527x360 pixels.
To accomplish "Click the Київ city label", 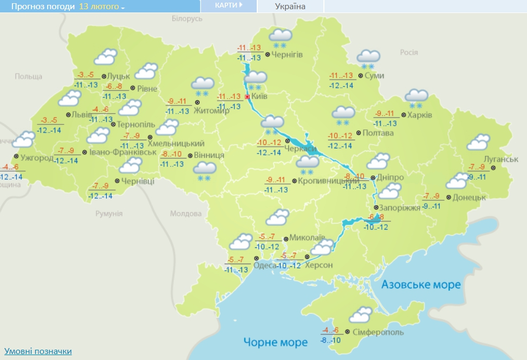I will coord(260,96).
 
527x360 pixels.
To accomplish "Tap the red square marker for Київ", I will coord(248,96).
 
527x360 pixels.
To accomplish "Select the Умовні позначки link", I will coord(38,351).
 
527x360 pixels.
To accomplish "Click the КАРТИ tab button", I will coord(228,5).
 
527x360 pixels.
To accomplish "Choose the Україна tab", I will coord(290,6).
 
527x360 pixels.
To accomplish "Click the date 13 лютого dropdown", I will coord(102,6).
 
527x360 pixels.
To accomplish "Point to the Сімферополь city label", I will coord(378,331).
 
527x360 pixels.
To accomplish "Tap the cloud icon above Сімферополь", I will coord(360,315).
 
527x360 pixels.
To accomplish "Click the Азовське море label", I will coord(421,285).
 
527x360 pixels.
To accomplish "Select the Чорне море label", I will coord(275,342).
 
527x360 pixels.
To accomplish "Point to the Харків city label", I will coord(420,115).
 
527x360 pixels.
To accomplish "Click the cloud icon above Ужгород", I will coord(23,140).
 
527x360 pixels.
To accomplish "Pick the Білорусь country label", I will coord(187,18).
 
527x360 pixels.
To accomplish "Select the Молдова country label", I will coord(186,213).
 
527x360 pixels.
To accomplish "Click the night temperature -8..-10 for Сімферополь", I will coord(330,340).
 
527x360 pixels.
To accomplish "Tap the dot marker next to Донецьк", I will coord(449,198).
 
